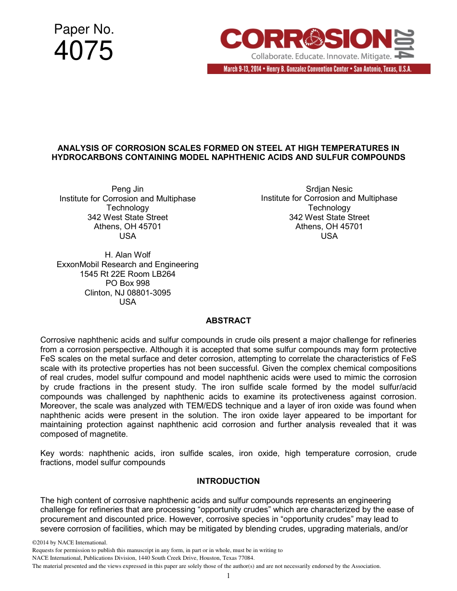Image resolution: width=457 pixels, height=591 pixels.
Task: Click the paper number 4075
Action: point(84,51)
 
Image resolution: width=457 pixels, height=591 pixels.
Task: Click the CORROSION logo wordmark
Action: point(306,39)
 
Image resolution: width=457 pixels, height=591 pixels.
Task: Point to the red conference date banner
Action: point(318,69)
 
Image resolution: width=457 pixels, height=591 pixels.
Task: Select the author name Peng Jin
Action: point(127,189)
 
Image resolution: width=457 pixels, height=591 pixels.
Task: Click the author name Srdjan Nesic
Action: point(329,189)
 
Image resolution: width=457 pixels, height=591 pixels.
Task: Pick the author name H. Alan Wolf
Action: point(127,255)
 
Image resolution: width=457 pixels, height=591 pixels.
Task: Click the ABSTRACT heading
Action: point(228,320)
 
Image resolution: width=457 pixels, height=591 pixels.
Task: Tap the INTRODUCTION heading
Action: point(228,481)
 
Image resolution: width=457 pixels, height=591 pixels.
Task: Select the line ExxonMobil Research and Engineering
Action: point(127,264)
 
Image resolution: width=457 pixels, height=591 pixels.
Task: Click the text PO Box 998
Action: point(127,283)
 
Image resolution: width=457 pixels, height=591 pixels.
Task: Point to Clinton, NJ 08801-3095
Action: point(127,293)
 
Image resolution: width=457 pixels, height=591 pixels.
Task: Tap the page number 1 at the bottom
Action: point(228,576)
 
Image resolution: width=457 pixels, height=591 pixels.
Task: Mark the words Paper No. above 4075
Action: point(84,30)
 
